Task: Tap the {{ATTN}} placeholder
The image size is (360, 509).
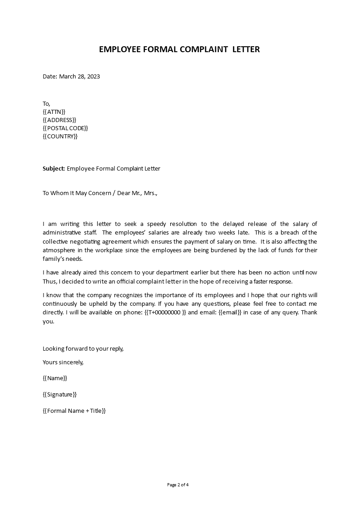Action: click(x=54, y=112)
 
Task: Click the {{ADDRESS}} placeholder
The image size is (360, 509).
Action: click(x=59, y=120)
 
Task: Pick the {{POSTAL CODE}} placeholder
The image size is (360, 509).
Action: click(x=65, y=128)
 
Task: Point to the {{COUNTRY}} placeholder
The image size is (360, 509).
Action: click(x=60, y=136)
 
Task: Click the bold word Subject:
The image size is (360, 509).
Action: click(x=54, y=169)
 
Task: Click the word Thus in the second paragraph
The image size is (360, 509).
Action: click(x=49, y=281)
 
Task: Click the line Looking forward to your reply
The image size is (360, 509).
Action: click(x=83, y=348)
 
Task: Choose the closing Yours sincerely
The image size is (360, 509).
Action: click(x=63, y=362)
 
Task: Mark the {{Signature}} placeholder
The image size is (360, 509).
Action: click(x=59, y=395)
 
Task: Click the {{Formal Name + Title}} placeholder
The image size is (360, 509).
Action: click(x=74, y=411)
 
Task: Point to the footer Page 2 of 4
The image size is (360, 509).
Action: click(x=178, y=485)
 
